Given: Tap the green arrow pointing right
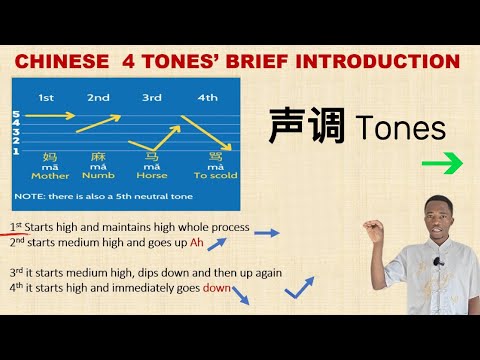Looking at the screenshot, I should point(440,163).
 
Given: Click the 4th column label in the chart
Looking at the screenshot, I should point(209,97).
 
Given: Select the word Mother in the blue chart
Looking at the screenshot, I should point(50,176).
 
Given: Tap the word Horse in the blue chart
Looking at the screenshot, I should point(151,176).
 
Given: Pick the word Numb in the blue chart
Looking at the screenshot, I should point(100,176).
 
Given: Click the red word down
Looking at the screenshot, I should point(217,288).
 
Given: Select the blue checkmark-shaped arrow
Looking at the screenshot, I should point(299,289).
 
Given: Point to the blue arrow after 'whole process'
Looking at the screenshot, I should point(265,233).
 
